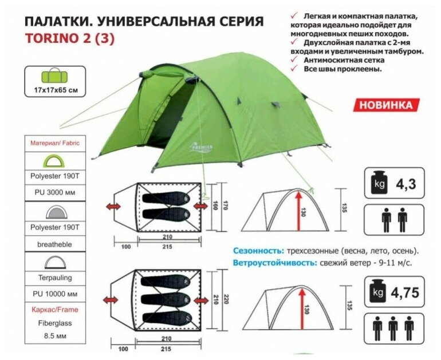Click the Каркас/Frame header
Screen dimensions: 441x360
[56, 310]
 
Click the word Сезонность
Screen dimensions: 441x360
[257, 251]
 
